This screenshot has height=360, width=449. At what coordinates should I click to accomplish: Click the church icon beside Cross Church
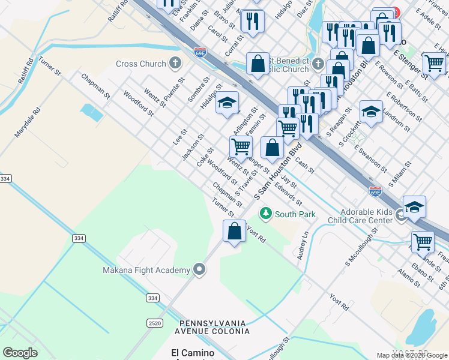pos(175,63)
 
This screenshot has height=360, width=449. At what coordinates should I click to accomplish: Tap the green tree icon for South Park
pos(265,214)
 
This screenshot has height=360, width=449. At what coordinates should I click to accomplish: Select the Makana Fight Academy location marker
pos(199,271)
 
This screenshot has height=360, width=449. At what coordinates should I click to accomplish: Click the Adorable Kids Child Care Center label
pos(358,217)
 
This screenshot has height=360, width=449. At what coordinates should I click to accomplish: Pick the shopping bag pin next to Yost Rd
pos(234,231)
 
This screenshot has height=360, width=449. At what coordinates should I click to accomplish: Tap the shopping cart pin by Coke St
pos(241,146)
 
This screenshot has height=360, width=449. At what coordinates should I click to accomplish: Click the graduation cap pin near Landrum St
pos(371,112)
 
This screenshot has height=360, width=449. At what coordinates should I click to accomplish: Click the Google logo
pos(20,353)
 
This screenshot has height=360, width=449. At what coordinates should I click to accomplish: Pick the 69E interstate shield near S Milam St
pos(375,191)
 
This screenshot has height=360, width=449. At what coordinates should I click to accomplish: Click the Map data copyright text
pos(412,355)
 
